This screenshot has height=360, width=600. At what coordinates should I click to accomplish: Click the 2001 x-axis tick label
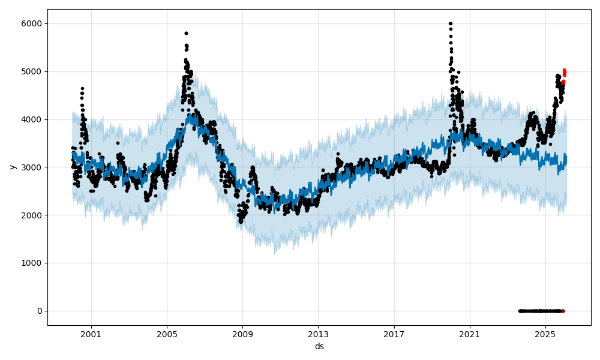[x=91, y=335]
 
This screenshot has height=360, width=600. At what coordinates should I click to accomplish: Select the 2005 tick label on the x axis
[x=167, y=335]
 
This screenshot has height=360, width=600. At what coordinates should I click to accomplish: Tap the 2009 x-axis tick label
[x=242, y=335]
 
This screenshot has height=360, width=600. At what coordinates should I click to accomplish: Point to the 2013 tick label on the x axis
[x=318, y=335]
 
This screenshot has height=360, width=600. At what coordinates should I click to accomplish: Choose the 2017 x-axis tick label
[x=394, y=335]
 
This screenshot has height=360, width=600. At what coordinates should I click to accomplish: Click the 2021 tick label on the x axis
[x=469, y=335]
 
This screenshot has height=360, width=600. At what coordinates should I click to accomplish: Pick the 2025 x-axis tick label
[x=545, y=335]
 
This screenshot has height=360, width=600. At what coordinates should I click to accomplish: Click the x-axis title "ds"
[x=319, y=346]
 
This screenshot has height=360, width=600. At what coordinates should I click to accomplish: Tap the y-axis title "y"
[x=11, y=167]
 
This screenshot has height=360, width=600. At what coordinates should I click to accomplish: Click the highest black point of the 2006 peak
[x=186, y=34]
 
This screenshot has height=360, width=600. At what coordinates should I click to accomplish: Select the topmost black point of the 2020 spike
[x=450, y=24]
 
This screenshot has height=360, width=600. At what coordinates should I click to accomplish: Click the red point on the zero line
[x=563, y=311]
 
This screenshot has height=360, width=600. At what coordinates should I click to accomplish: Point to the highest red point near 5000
[x=564, y=70]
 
